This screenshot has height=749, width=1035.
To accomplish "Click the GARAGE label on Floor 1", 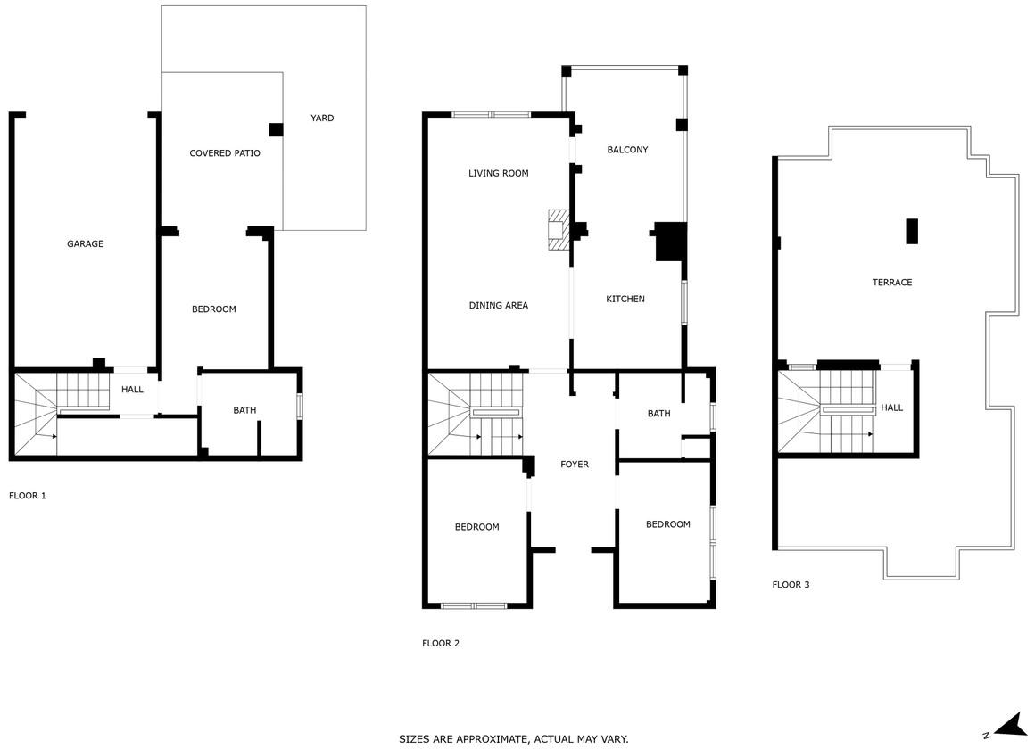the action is (85, 244).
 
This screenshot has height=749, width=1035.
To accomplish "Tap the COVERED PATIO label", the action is (225, 153).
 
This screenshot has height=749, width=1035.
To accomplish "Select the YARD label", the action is (322, 118).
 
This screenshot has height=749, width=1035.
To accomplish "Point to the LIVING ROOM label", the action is (499, 174).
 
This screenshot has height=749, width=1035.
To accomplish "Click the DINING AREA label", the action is (499, 306).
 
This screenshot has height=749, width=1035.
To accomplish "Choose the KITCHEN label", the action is (625, 299).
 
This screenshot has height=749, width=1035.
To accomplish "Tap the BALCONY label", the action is (627, 150).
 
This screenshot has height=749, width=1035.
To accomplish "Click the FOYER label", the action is (575, 465).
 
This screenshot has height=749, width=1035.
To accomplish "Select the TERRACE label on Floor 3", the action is (891, 283).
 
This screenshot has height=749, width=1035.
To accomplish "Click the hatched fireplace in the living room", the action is (559, 230).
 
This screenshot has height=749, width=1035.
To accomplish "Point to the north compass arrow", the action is (1010, 726).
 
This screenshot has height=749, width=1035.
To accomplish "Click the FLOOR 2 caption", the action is (440, 644).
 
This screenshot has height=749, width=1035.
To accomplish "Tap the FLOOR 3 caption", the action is (791, 585).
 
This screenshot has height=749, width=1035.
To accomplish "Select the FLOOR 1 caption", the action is (27, 496).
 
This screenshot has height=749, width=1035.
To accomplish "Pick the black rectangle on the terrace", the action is (912, 231).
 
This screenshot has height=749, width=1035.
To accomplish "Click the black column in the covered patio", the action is (276, 130).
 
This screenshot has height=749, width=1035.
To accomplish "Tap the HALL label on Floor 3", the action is (891, 407).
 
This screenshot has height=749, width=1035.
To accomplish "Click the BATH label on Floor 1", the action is (244, 410).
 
